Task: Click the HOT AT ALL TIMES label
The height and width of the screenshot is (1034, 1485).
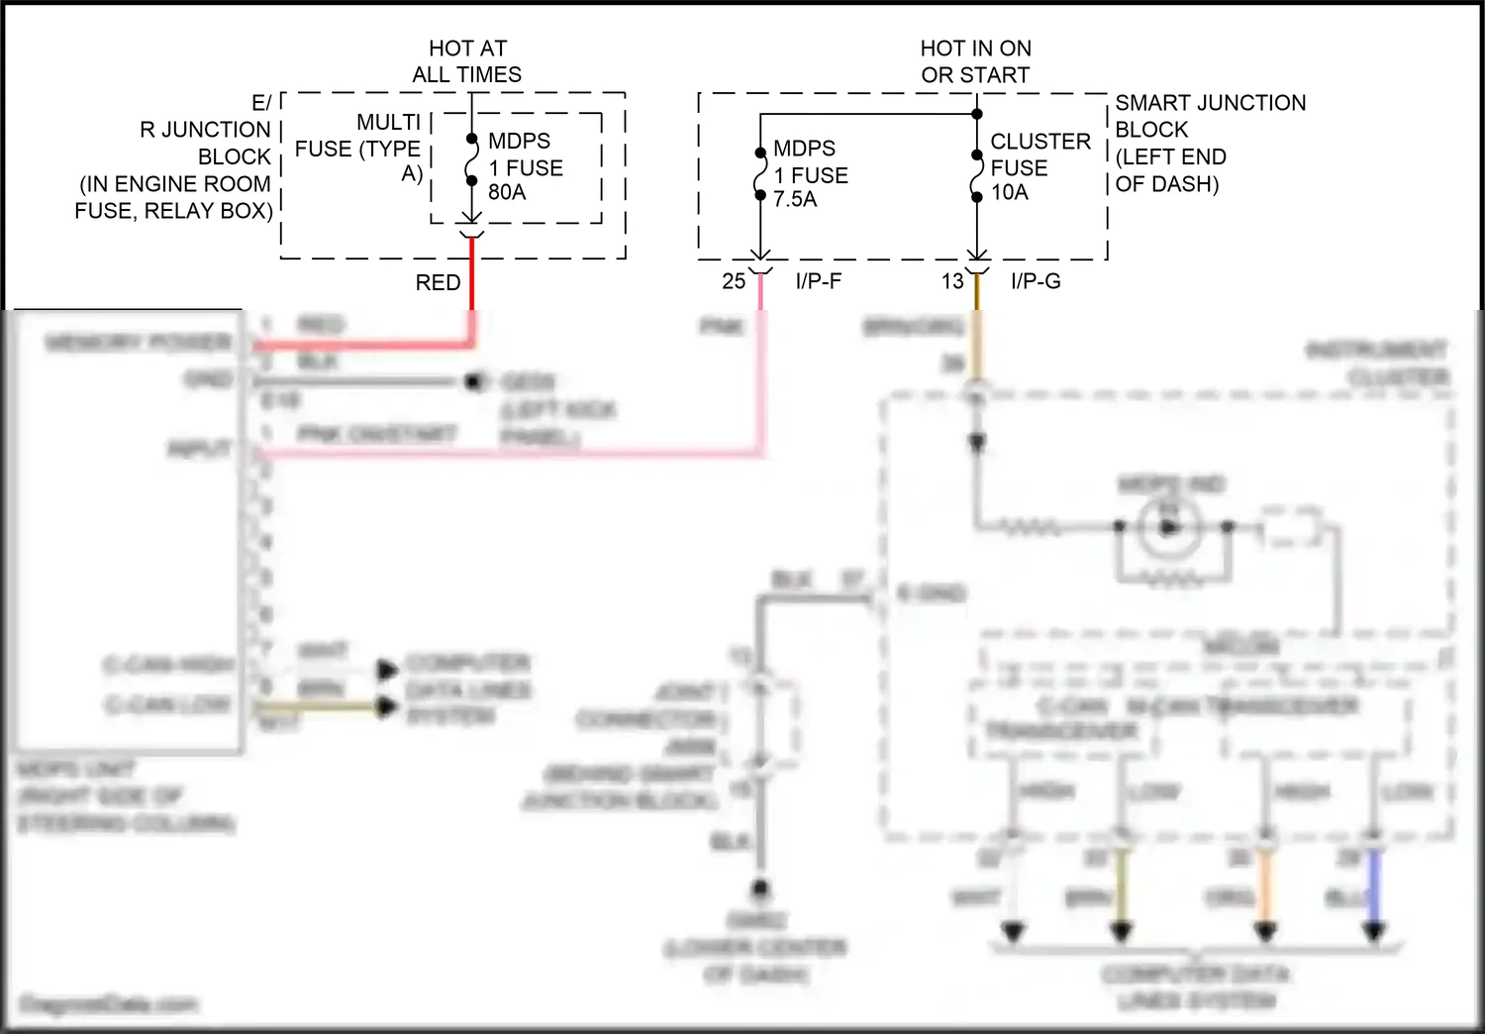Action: coord(467,61)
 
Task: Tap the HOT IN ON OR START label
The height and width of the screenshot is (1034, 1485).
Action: coord(975,61)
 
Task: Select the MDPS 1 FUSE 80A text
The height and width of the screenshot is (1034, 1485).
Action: coord(524,166)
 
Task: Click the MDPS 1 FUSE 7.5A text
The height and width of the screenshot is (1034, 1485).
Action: coord(809,173)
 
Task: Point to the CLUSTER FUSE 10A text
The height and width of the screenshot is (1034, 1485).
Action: coord(1039,166)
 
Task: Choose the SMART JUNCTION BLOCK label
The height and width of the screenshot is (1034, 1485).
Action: coord(1209,143)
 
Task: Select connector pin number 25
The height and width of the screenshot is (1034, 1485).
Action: coord(734,281)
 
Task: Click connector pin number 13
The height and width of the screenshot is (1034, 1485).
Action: coord(952,281)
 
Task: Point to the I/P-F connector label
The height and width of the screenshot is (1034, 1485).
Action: coord(818,281)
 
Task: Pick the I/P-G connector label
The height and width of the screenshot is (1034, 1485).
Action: coord(1036,281)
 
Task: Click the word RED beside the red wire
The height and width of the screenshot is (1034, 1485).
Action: coord(438,282)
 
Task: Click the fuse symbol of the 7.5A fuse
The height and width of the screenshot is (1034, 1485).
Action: coord(760,174)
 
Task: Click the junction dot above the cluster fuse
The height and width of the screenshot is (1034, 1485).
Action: coord(977,114)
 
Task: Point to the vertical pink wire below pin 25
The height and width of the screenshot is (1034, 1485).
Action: coord(760,376)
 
